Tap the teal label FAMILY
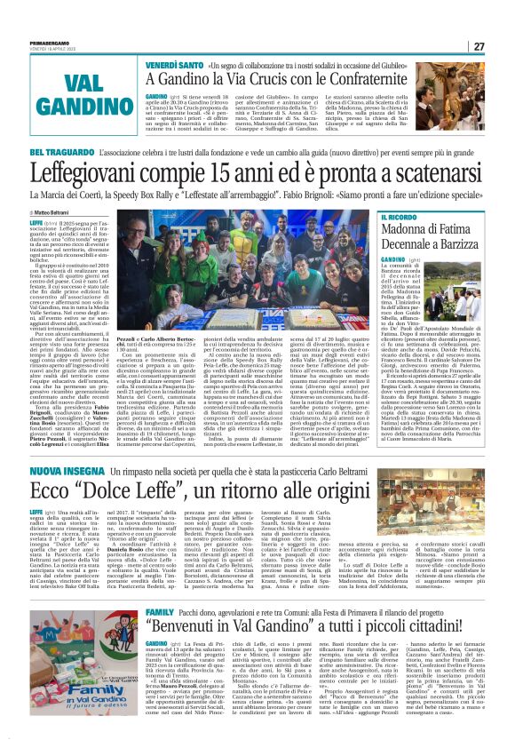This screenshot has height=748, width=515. click(x=160, y=589)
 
